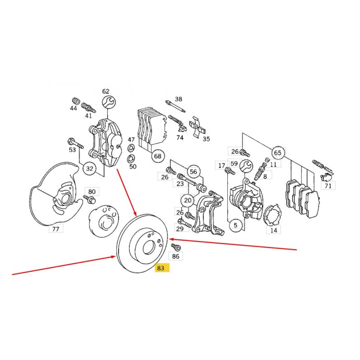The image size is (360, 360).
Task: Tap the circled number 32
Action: point(90,169)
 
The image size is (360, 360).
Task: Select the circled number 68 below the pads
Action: point(158,156)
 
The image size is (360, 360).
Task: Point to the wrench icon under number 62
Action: point(109,102)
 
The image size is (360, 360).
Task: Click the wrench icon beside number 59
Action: point(246,166)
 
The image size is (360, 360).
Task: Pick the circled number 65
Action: point(278,153)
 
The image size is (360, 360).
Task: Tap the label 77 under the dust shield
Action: point(56,229)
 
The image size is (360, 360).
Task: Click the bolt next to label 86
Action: point(176,247)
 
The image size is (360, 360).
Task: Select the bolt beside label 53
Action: point(75,143)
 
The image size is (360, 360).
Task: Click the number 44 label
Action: point(73,108)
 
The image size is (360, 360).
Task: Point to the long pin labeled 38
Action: point(175,106)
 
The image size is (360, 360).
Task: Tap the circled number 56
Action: point(193,172)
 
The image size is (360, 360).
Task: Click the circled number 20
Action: point(188,200)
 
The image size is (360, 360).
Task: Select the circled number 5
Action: point(235,225)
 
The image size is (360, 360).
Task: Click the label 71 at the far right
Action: point(328,185)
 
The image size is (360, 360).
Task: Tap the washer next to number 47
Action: point(130,148)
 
